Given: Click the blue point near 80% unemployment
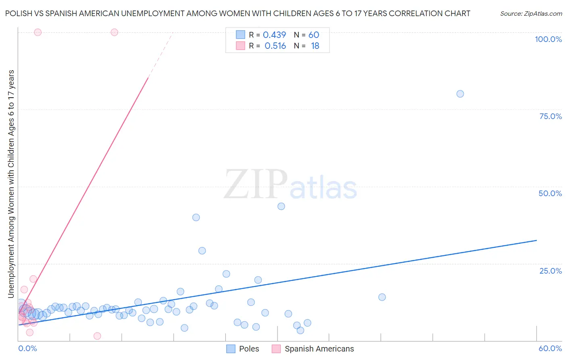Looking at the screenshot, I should click(x=460, y=94).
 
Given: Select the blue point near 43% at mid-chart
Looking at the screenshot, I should click(x=281, y=206).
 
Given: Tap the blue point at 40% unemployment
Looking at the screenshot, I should click(x=196, y=218).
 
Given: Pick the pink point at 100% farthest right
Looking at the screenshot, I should click(x=114, y=32).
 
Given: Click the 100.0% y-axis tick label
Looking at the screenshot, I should click(x=548, y=39).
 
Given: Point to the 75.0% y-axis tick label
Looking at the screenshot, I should click(x=550, y=116).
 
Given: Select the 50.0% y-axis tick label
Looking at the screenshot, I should click(x=550, y=193).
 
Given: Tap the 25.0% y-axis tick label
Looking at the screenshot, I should click(x=550, y=271).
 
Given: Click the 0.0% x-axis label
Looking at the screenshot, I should click(x=27, y=348).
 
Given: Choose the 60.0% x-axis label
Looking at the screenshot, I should click(x=550, y=348).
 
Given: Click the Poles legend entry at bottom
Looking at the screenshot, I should click(x=243, y=349).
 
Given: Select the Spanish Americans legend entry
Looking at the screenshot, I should click(x=313, y=349).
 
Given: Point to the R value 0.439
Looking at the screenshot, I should click(x=274, y=35).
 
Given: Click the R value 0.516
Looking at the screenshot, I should click(x=275, y=46).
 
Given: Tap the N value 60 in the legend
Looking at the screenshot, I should click(x=314, y=35).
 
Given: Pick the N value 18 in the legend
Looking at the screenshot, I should click(x=315, y=46).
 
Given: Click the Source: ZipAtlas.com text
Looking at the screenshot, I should click(x=531, y=14).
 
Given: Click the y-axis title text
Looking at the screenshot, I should click(x=11, y=184).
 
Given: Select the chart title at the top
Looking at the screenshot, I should click(x=238, y=14).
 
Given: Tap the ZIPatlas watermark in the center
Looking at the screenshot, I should click(x=290, y=185).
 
